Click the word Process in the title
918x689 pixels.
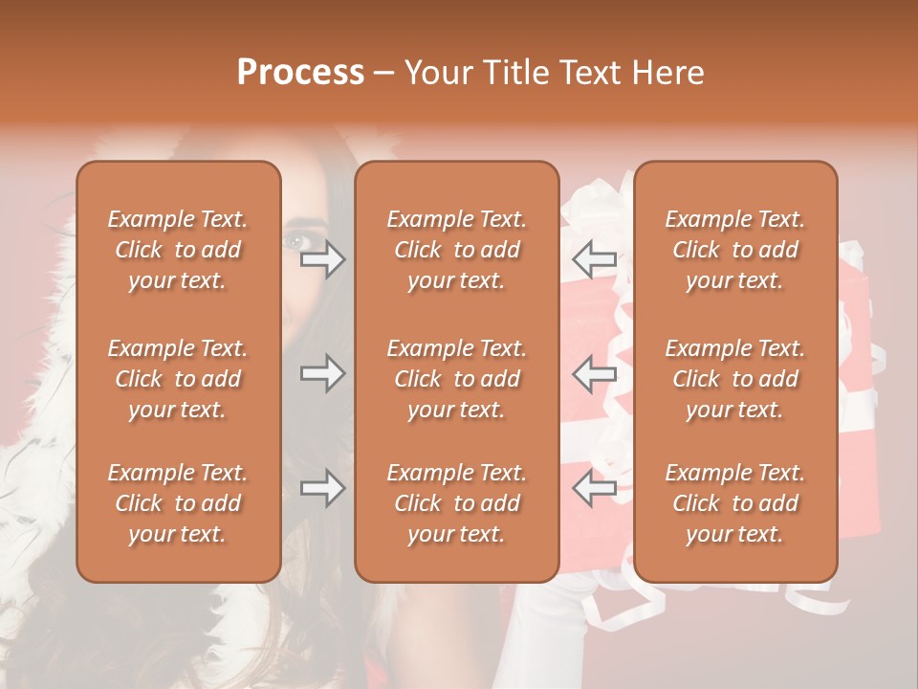(300, 73)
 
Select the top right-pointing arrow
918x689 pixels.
(322, 259)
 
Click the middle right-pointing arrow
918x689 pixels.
(322, 373)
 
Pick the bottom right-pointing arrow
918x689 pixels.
(322, 488)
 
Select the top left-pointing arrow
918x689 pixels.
(595, 259)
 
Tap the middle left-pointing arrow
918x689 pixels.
(595, 373)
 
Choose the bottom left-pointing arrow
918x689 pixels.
(595, 488)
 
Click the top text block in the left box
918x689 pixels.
(178, 250)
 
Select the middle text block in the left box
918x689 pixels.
(178, 379)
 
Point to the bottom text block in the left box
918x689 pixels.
(178, 503)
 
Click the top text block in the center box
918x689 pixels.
(457, 250)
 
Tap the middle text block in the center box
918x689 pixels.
(457, 379)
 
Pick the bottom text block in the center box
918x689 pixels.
(457, 503)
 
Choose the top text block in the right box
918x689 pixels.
(735, 250)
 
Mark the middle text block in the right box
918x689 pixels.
(735, 379)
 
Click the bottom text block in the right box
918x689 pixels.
(735, 503)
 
